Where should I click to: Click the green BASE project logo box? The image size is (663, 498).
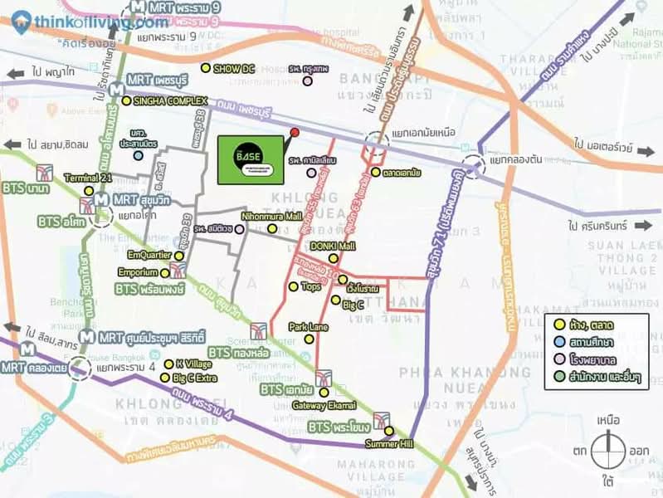coord(250,159)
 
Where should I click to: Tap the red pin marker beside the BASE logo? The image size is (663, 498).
coord(294,133)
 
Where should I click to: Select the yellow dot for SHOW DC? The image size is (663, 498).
coord(206,69)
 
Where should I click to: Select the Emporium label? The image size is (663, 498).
coord(137,271)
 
